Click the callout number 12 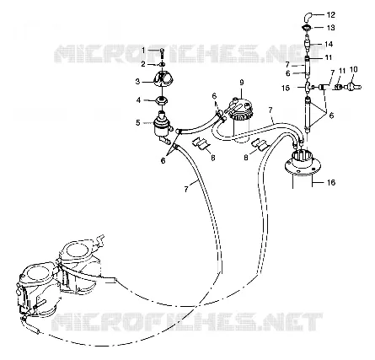pos(331,14)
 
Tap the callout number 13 pos(331,28)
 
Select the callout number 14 pos(329,44)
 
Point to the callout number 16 pos(331,182)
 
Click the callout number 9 pos(242,83)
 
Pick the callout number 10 pos(354,69)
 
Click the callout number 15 pos(286,88)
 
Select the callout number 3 pos(137,82)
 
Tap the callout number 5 pos(137,122)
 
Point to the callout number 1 pos(143,51)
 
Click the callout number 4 pos(138,99)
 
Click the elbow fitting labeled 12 pos(308,17)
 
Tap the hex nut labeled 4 pos(162,100)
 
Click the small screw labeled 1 pos(163,52)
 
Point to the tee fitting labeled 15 pos(308,87)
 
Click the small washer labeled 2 pos(162,65)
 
